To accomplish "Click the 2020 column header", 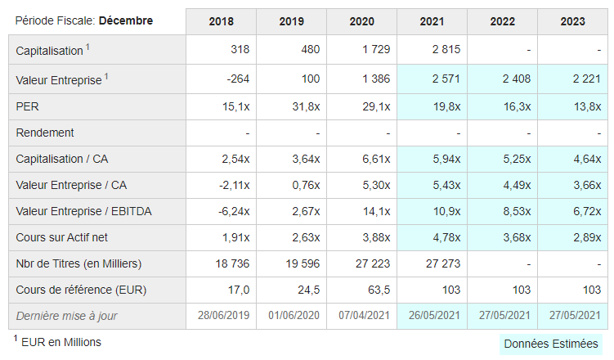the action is click(x=361, y=21).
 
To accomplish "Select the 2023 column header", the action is click(x=572, y=21).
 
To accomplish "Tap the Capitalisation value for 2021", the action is click(x=446, y=49).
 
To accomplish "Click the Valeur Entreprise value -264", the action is click(x=238, y=79).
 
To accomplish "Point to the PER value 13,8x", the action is click(x=587, y=106).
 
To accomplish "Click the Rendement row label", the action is click(x=45, y=133).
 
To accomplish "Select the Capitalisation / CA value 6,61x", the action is click(x=376, y=159).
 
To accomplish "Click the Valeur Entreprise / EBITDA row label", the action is click(x=83, y=211).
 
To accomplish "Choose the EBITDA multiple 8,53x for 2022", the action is click(x=517, y=211).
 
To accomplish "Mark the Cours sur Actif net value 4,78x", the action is click(x=446, y=237).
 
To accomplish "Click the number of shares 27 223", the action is click(x=373, y=263).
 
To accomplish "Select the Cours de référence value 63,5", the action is click(x=379, y=290).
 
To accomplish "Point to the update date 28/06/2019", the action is click(x=223, y=315).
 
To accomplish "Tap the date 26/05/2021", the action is click(x=434, y=315).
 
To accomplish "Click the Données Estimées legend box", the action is click(x=551, y=344).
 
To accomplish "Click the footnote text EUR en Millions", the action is click(x=61, y=342).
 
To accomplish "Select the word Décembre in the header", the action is click(x=126, y=20).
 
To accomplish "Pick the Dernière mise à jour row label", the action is click(x=66, y=316).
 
